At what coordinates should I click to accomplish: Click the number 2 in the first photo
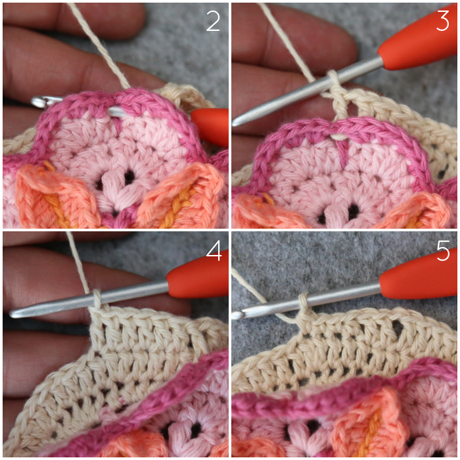coord(213,21)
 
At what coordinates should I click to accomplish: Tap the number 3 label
coord(443,20)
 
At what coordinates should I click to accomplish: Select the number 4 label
coord(214,251)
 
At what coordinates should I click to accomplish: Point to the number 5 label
coord(443,250)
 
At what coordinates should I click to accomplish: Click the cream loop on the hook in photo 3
coord(333,77)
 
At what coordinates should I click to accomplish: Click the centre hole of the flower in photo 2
coord(129,177)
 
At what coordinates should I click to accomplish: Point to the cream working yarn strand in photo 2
coord(99,45)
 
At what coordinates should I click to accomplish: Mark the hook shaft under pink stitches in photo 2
coord(117,112)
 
